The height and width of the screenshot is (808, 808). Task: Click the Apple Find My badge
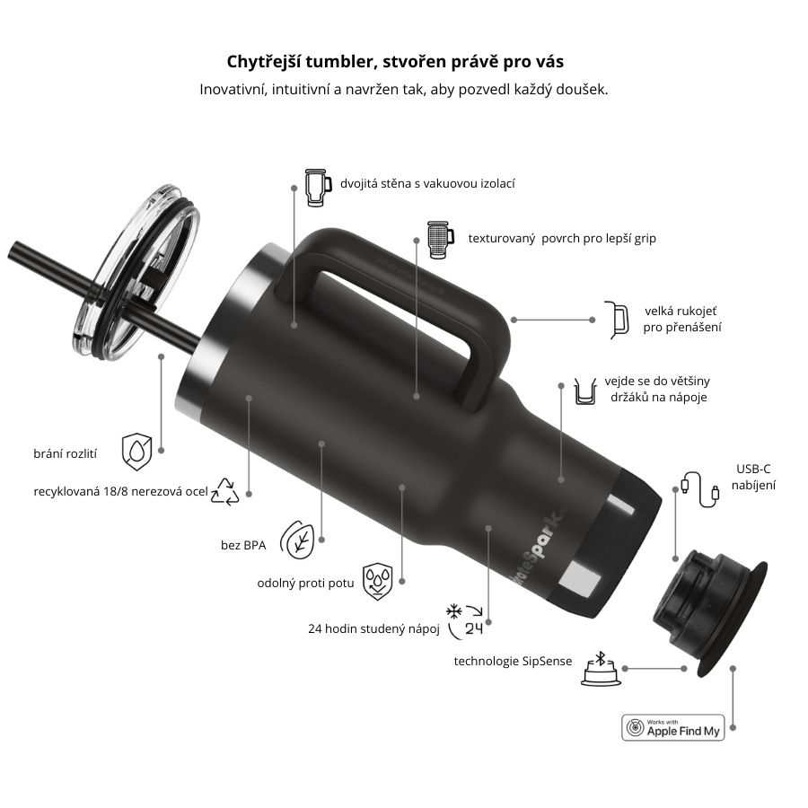tap(672, 727)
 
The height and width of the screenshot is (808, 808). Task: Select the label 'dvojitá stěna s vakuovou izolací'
tap(427, 184)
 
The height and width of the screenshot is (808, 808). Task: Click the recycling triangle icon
tap(224, 491)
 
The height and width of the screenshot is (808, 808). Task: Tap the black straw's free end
tap(14, 252)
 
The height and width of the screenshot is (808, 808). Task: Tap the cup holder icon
tap(584, 392)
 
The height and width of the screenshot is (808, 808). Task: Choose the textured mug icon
tap(437, 239)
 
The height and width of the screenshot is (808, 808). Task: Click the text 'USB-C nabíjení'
tap(753, 477)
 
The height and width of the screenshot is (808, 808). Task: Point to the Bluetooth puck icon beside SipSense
tap(601, 669)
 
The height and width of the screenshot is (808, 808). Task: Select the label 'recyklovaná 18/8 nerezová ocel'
tap(120, 492)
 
